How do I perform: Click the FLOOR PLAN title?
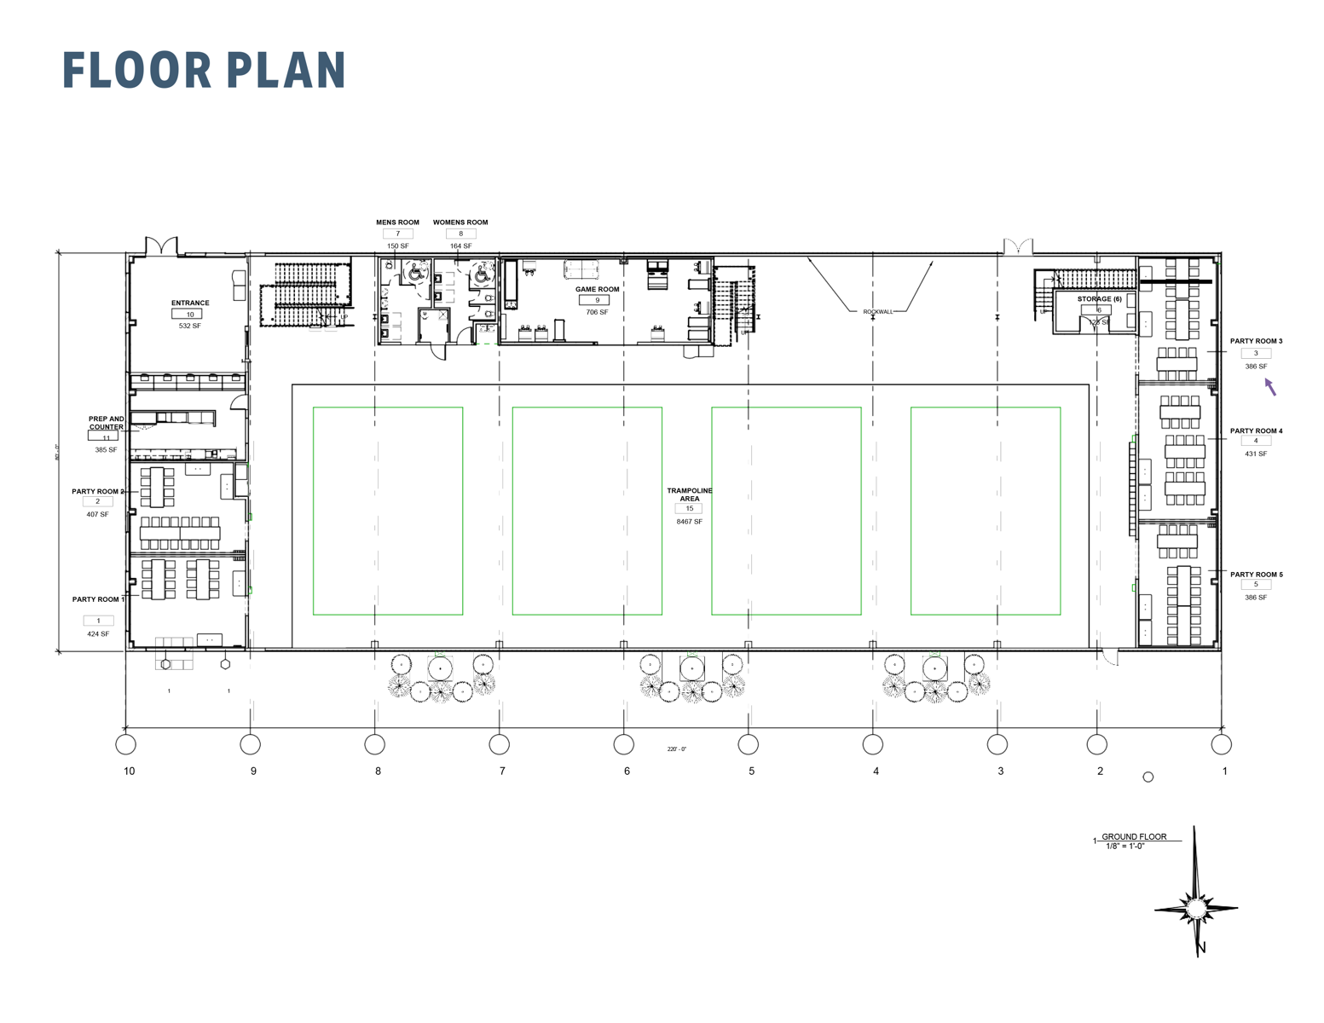(204, 71)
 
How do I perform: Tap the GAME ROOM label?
(597, 290)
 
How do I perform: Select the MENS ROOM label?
(397, 223)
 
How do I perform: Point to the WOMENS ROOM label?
(460, 223)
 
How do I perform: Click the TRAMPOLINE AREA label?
(689, 494)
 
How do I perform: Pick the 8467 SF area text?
(689, 522)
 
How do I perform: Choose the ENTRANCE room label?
(190, 303)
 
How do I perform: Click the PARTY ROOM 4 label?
(1256, 431)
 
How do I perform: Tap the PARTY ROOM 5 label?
(1256, 575)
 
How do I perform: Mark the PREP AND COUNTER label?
(107, 423)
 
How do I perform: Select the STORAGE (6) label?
(1099, 299)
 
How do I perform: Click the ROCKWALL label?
(877, 312)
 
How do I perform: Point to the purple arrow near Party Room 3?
(1269, 387)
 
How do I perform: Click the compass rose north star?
(1196, 907)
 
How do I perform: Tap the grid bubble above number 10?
(126, 744)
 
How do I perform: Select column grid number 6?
(627, 772)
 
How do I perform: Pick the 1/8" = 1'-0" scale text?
(1125, 847)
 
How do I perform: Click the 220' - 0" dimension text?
(676, 749)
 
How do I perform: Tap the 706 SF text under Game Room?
(597, 313)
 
